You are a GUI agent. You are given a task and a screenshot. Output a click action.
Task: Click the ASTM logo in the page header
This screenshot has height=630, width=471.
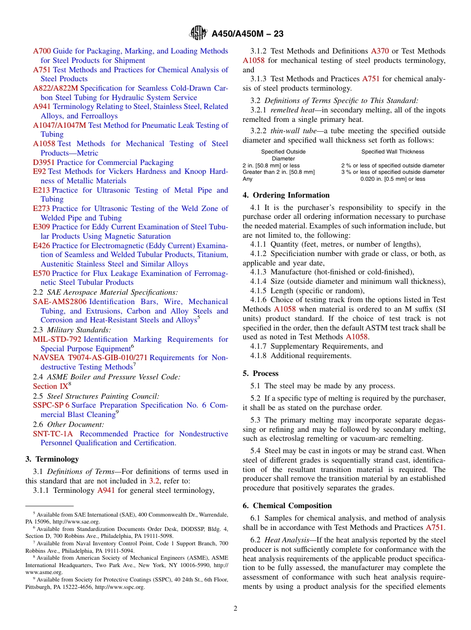click(x=198, y=34)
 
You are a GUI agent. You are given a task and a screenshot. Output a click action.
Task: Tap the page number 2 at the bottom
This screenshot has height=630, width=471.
click(x=235, y=608)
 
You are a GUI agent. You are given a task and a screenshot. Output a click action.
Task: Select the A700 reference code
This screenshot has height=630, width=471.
click(x=42, y=51)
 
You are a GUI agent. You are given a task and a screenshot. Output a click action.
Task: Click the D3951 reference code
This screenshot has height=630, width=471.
click(x=44, y=162)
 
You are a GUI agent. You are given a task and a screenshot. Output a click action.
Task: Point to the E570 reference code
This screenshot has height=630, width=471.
click(x=41, y=273)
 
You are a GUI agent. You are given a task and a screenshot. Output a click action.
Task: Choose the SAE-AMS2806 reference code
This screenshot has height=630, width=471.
click(x=59, y=302)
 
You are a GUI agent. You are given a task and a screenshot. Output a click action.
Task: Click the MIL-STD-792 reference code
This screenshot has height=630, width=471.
click(x=57, y=339)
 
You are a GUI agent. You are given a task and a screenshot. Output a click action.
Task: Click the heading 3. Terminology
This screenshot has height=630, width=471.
click(x=52, y=459)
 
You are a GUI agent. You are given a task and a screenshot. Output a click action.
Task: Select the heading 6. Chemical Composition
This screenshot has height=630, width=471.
click(x=287, y=506)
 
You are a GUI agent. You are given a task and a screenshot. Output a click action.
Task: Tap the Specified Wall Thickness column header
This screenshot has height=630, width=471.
click(x=393, y=152)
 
